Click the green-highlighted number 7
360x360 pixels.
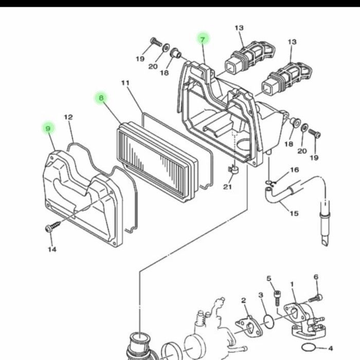[202, 40]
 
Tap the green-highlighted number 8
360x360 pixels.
[101, 98]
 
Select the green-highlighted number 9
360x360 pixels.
[48, 129]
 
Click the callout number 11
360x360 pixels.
[125, 83]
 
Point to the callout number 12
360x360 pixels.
[68, 117]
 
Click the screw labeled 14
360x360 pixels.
[53, 226]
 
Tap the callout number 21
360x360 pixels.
[227, 187]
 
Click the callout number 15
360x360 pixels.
[294, 213]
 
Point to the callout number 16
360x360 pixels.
[295, 170]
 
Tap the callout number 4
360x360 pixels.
[330, 349]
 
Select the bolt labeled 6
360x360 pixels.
[315, 298]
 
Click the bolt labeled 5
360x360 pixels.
[277, 298]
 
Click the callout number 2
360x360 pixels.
[244, 300]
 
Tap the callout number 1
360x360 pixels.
[292, 284]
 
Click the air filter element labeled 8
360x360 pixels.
[157, 163]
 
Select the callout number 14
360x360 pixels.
[52, 249]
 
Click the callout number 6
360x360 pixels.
[316, 277]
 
